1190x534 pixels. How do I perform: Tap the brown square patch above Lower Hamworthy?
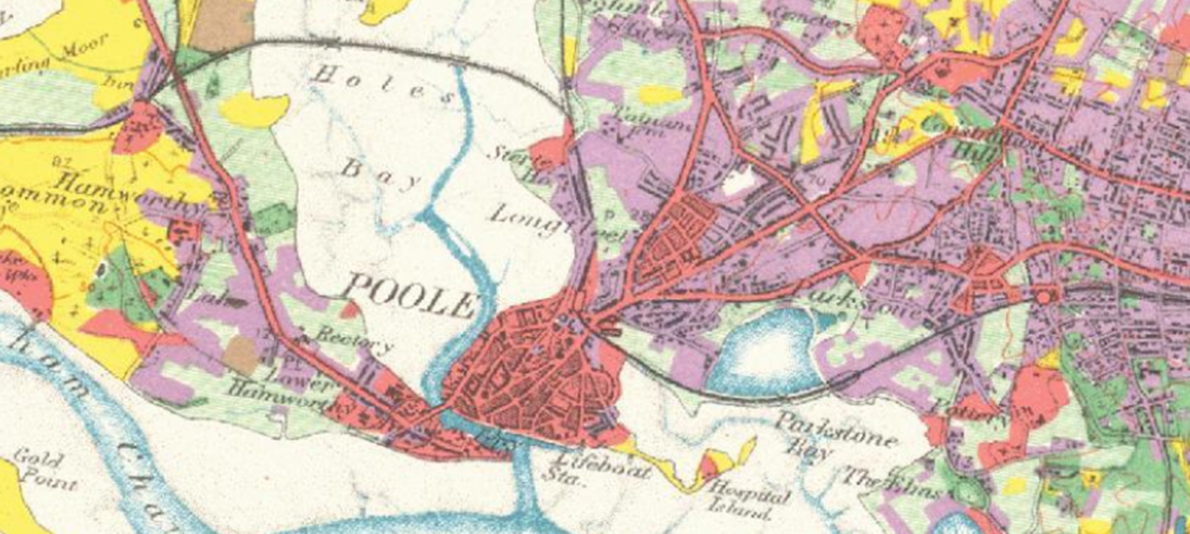(242, 355)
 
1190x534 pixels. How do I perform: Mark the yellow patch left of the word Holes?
(252, 110)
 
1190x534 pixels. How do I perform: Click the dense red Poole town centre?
(537, 370)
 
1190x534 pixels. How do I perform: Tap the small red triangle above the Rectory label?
(344, 310)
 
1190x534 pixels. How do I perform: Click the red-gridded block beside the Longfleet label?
(681, 236)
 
